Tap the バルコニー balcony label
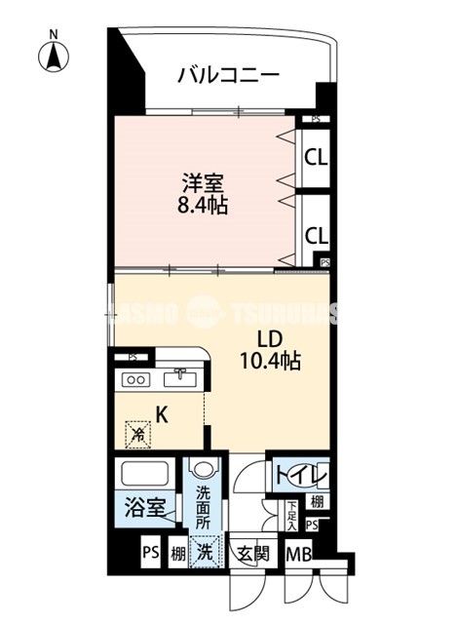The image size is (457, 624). (229, 75)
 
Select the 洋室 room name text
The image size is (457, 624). (202, 182)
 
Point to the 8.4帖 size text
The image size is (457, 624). (203, 207)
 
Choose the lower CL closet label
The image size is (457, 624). (315, 235)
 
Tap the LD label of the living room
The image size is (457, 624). (269, 339)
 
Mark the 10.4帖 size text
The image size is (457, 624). (269, 362)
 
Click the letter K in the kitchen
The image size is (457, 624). (163, 414)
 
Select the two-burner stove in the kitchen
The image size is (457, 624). (134, 380)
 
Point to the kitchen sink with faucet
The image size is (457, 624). (180, 379)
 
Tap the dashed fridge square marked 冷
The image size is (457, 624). (138, 434)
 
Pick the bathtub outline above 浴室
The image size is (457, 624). (145, 475)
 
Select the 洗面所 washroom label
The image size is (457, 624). (203, 507)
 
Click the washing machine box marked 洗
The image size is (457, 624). (205, 552)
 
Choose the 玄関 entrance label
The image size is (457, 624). (252, 554)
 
